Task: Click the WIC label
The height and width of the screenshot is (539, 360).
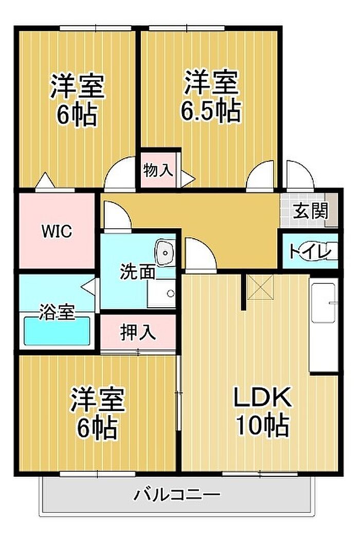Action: click(x=57, y=231)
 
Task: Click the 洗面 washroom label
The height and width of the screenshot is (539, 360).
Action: click(x=137, y=272)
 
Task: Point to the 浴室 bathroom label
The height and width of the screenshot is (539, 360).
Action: click(x=57, y=311)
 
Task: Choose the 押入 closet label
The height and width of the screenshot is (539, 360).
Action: click(x=137, y=332)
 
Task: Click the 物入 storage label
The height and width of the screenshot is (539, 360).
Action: click(x=158, y=170)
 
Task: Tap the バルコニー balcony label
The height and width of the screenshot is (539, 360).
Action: click(x=177, y=495)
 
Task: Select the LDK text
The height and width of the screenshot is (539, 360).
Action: click(x=263, y=397)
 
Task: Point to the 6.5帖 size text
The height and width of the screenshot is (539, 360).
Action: click(x=211, y=109)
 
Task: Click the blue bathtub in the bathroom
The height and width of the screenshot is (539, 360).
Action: click(x=57, y=331)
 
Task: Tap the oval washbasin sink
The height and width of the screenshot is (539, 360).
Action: click(x=165, y=253)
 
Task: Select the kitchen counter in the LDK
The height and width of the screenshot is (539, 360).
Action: click(x=323, y=324)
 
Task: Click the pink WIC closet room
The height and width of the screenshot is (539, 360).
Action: click(x=57, y=241)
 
